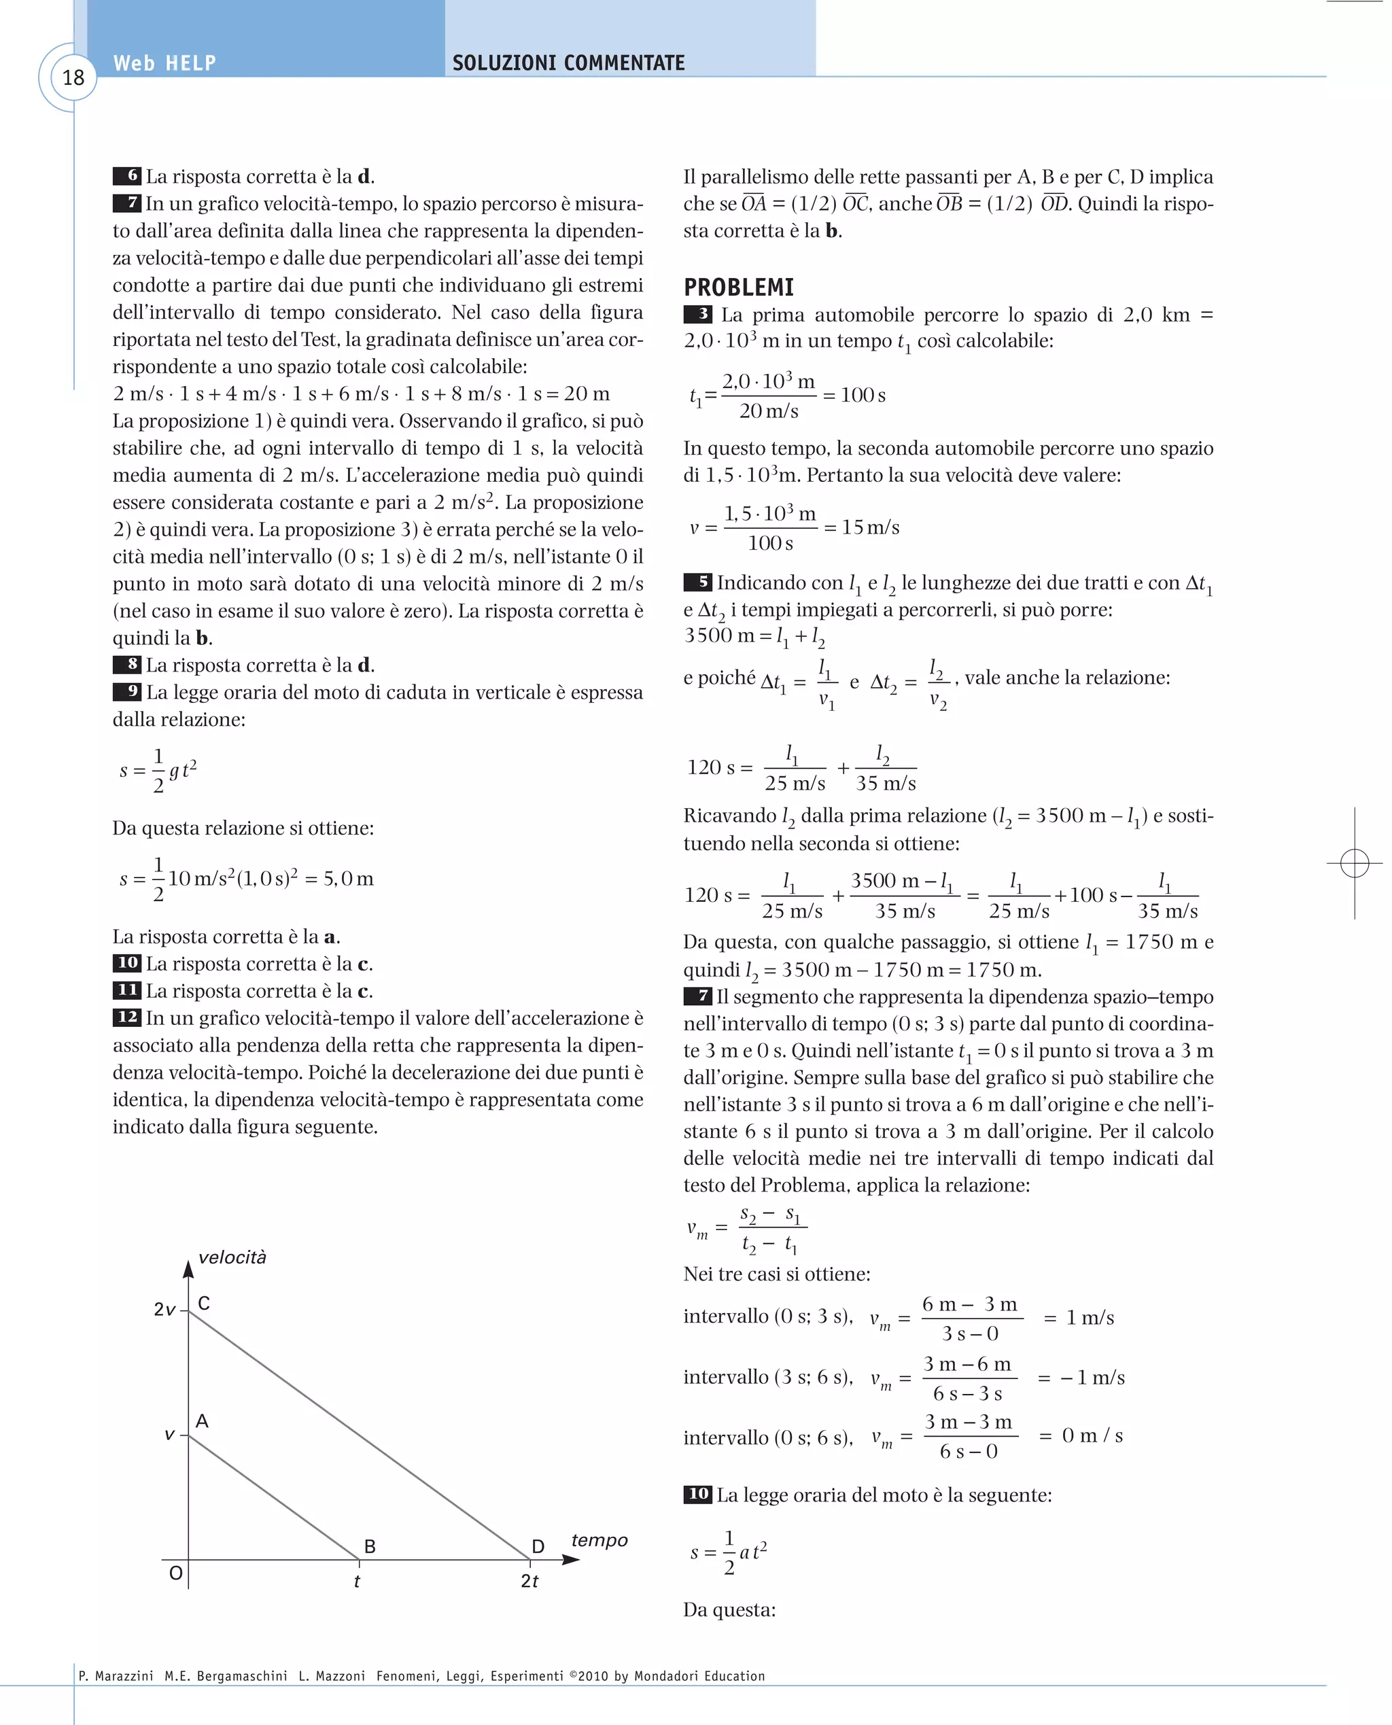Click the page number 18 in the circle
73,77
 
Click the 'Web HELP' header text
164,63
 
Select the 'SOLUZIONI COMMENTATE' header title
568,63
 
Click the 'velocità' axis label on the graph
232,1257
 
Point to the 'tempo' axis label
599,1539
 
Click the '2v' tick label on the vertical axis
164,1310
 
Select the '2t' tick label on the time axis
529,1582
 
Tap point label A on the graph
202,1422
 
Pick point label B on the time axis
370,1547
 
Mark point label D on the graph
538,1547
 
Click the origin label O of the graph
175,1573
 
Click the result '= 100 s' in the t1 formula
855,396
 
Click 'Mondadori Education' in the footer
699,1676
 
